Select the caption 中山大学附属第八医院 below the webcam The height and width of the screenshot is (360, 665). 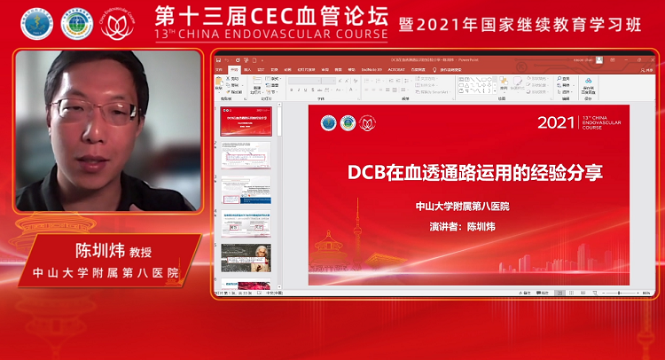point(106,271)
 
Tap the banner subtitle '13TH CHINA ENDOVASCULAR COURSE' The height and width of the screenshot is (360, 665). point(270,35)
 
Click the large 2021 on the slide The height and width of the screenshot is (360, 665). point(557,122)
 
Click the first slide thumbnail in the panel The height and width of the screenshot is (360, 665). point(246,123)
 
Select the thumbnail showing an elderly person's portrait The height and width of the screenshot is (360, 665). point(246,257)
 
